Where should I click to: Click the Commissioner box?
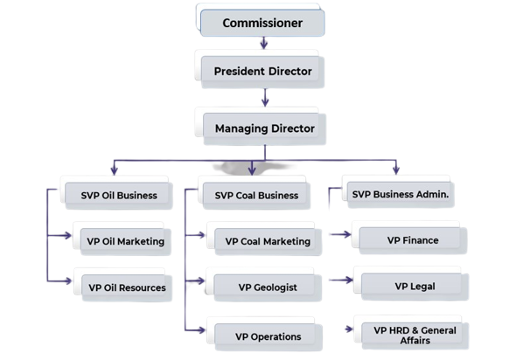[263, 23]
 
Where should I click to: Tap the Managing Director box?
[263, 128]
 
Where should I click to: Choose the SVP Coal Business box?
[256, 195]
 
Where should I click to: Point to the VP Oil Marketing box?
[125, 240]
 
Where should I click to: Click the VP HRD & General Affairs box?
[411, 335]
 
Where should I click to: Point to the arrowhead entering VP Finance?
[346, 234]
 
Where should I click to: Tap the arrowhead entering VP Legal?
[347, 281]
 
